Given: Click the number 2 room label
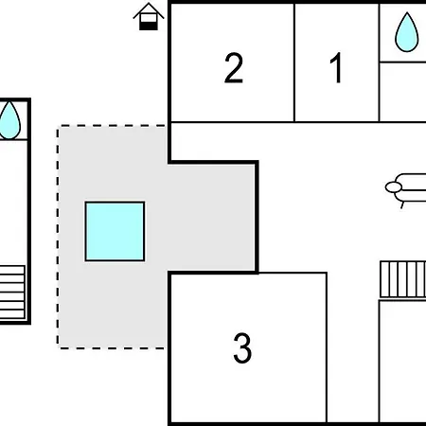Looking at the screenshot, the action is pos(234,68).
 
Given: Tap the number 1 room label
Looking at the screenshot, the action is pos(336,67).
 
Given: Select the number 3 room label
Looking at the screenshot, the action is pos(242,348).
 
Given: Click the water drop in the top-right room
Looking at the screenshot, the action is pos(407,32).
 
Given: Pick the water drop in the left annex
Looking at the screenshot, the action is pos(9,120).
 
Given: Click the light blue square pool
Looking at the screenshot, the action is pos(115,231).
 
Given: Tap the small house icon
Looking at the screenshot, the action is pos(149,16).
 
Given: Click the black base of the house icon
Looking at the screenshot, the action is pos(149,26).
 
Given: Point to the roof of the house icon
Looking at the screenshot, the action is pos(149,9).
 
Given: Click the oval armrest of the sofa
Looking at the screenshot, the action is pos(393,187).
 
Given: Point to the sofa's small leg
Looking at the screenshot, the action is pos(402,205).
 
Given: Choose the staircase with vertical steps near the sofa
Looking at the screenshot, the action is pos(403,279).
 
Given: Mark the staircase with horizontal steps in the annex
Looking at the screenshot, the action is pos(12,293).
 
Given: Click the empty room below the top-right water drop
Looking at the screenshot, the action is pos(403,92).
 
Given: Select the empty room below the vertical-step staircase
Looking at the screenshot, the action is pos(403,362).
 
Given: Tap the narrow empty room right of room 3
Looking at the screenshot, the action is pos(353,347).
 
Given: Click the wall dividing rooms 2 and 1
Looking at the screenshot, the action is pos(294,62).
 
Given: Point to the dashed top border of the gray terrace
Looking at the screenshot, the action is pos(112,126).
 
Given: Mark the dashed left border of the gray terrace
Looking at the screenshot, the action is pos(58,237).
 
